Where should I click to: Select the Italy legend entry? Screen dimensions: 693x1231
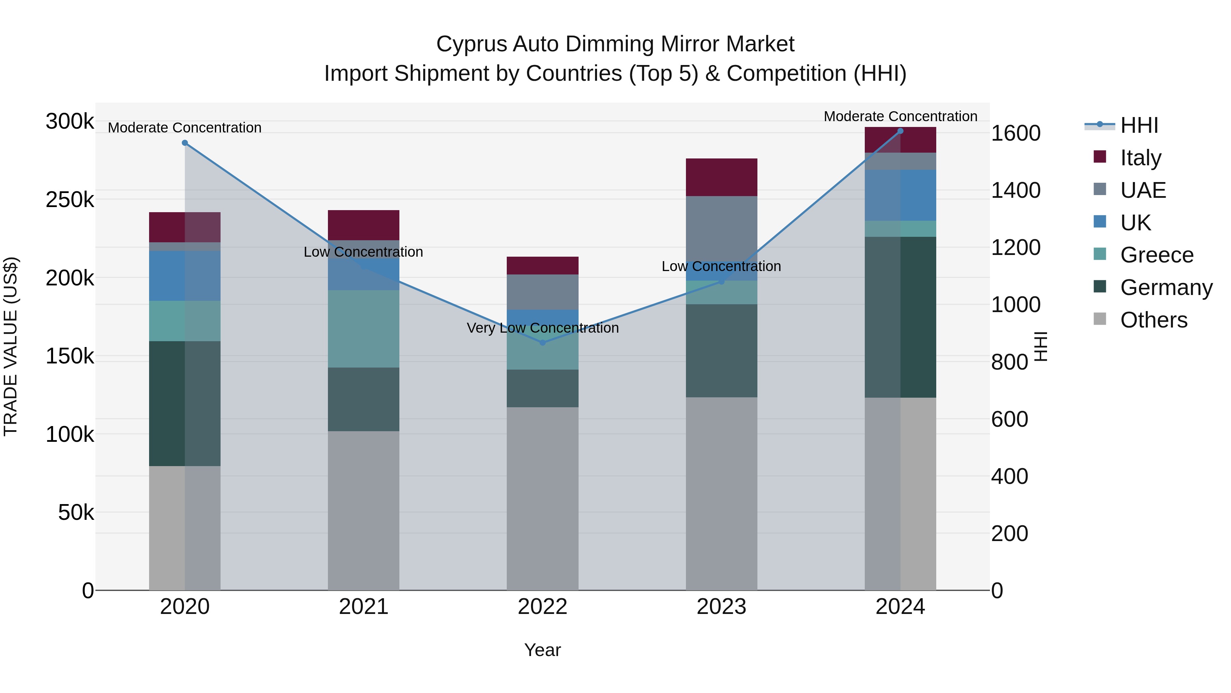1140,158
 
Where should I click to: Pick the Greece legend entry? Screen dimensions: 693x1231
1156,255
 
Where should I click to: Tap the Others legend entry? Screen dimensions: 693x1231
1153,320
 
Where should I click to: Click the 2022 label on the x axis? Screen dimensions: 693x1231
542,607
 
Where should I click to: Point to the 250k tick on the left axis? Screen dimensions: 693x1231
70,200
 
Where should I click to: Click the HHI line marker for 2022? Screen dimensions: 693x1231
542,343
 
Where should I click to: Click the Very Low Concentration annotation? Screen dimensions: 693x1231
542,328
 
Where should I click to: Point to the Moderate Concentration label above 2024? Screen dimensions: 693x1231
900,116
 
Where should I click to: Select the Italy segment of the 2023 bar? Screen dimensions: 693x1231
722,177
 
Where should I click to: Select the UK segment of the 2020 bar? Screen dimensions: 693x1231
185,275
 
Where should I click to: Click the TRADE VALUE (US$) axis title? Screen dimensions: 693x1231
11,346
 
